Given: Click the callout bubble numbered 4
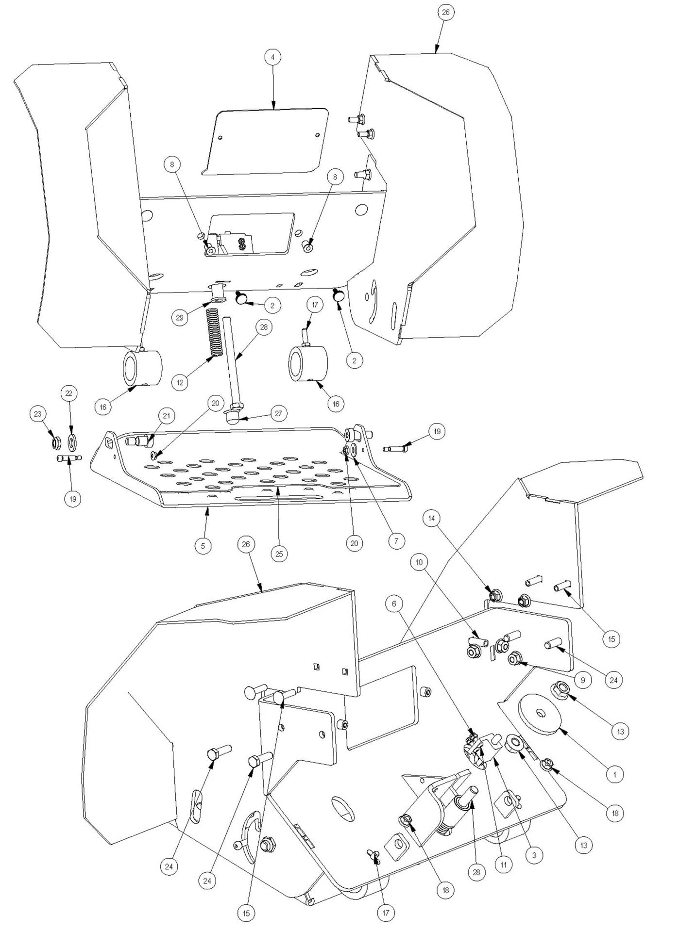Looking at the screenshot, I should (x=272, y=57).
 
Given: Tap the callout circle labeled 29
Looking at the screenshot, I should (x=180, y=317).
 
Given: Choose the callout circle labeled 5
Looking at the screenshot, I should (x=203, y=546).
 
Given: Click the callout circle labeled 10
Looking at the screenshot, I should (x=419, y=562).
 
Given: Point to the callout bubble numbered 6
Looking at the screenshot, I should (x=394, y=604).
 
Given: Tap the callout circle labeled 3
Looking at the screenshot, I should (x=534, y=855).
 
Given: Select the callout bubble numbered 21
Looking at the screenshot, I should (x=167, y=416).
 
